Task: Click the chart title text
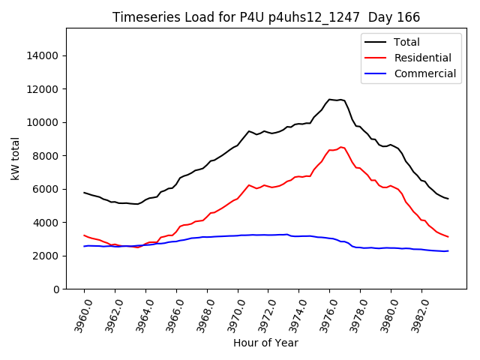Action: [265, 17]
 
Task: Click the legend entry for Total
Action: [406, 42]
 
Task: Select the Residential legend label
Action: [422, 58]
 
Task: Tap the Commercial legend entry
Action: [424, 73]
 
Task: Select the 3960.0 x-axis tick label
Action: [79, 313]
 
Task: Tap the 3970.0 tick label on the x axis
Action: [232, 313]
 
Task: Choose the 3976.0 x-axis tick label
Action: [325, 313]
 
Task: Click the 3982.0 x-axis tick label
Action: [417, 313]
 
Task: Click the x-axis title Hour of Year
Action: [265, 343]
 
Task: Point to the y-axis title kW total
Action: [15, 159]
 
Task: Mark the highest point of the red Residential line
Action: [341, 147]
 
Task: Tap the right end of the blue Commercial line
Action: [448, 250]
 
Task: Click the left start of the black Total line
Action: [84, 193]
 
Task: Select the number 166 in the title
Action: [408, 17]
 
